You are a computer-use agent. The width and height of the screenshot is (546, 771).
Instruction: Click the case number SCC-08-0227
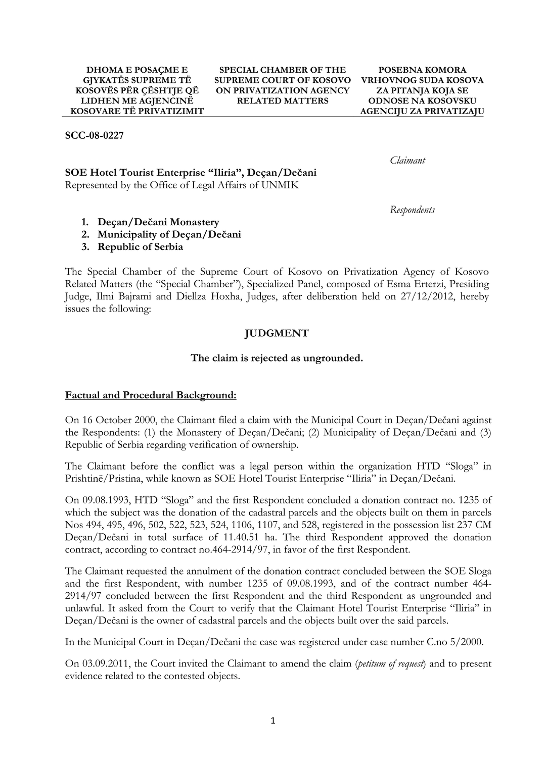[94, 136]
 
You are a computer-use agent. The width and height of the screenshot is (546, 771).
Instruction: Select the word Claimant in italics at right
[407, 161]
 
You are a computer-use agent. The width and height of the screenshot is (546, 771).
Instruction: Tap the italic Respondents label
[412, 210]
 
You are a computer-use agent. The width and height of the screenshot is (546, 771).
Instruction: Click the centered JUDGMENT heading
[277, 334]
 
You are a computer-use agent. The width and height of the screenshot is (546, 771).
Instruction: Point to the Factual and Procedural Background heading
[151, 395]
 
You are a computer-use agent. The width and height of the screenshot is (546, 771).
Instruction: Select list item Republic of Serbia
[140, 247]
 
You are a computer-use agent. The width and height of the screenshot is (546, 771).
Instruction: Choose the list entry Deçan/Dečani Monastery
[158, 222]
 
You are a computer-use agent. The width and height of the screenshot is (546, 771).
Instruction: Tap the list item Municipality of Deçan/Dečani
[169, 235]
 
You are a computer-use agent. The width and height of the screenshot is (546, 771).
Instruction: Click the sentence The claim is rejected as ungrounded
[277, 358]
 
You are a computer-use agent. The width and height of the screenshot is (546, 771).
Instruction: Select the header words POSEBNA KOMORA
[422, 70]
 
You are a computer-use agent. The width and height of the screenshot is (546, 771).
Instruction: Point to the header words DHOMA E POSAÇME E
[137, 70]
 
